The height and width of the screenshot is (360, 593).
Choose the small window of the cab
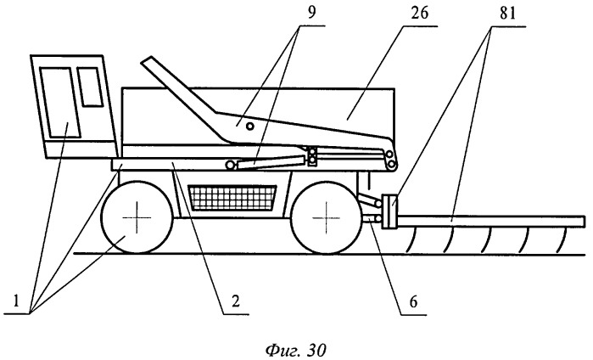coord(89,86)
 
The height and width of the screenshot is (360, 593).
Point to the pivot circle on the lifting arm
coord(249,127)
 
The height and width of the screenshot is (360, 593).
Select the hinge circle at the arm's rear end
coord(390,155)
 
